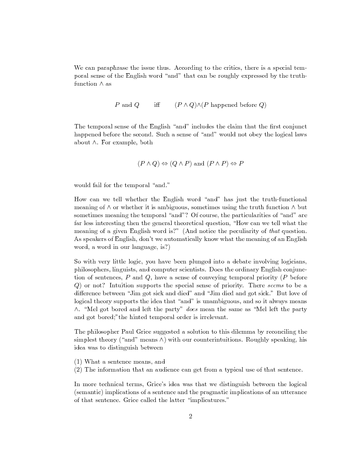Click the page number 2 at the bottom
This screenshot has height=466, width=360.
[190, 416]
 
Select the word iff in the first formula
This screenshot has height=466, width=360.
[157, 105]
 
